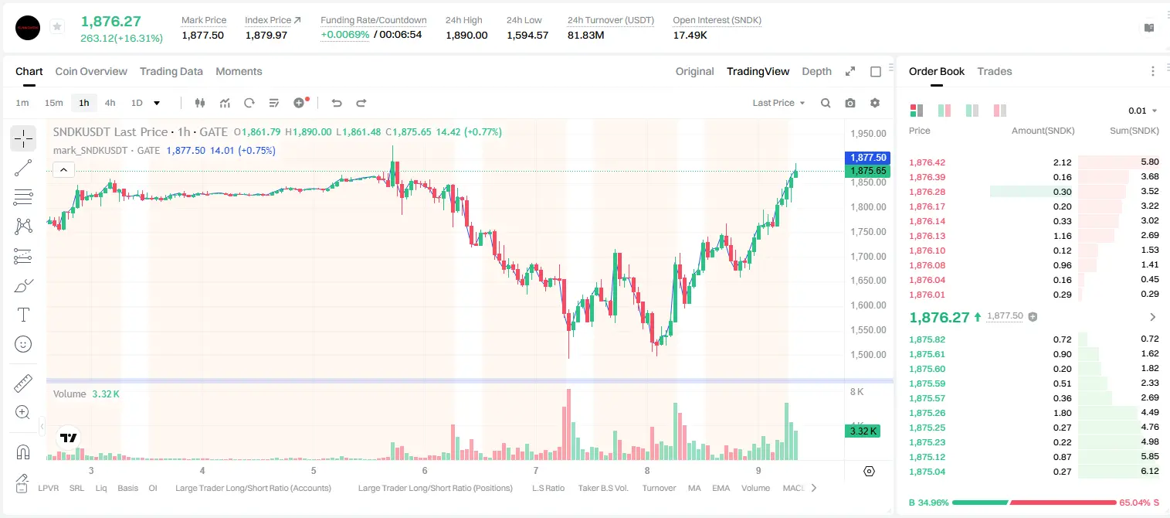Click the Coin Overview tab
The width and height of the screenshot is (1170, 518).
[x=91, y=71]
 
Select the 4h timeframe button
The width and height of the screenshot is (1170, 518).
[x=110, y=103]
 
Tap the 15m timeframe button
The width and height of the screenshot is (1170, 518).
[x=53, y=103]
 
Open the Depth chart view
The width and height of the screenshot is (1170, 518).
[x=816, y=71]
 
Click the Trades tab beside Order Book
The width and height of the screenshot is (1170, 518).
[x=994, y=71]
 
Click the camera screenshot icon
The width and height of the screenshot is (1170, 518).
[x=850, y=103]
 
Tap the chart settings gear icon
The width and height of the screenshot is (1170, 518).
[x=875, y=103]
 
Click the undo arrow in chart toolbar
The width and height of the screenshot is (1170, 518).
[x=337, y=103]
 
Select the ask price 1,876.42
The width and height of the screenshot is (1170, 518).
[x=927, y=162]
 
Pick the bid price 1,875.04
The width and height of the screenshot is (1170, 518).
[x=927, y=472]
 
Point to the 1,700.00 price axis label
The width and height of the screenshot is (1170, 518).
[x=868, y=256]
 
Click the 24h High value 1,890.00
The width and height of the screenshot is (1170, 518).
[x=466, y=35]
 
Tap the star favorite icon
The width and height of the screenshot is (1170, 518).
[x=57, y=26]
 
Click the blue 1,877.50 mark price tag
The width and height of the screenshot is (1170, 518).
[x=867, y=158]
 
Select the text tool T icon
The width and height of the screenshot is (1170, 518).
[x=23, y=315]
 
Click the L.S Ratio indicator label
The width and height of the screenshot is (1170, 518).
[x=548, y=488]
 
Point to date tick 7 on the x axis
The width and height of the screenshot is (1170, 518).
[x=535, y=470]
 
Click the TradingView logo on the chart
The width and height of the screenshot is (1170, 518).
[x=69, y=438]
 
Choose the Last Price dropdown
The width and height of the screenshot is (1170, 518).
[x=778, y=103]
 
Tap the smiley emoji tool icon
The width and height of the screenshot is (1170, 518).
[x=23, y=344]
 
